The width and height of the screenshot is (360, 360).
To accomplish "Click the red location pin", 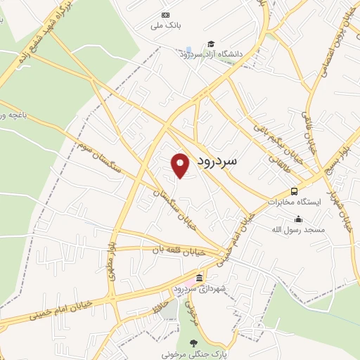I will click(x=180, y=165).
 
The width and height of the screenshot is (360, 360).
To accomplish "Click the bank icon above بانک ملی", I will click(x=166, y=15).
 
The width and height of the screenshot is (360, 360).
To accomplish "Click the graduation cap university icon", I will click(x=210, y=44).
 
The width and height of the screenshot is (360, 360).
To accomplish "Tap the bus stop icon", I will click(x=294, y=191).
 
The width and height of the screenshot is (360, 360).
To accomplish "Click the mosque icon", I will click(x=299, y=219).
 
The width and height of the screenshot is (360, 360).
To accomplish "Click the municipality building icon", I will click(x=200, y=277).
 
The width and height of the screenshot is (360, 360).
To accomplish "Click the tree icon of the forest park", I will click(x=193, y=344).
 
